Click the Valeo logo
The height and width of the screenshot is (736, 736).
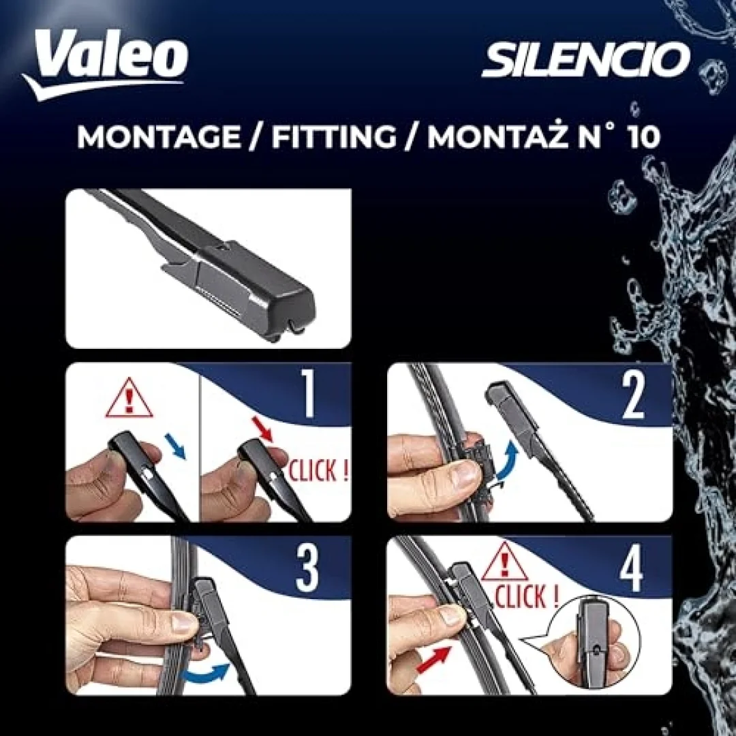coord(105,63)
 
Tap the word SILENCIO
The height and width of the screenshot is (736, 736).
coord(586,59)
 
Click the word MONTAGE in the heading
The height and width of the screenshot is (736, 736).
coord(159,137)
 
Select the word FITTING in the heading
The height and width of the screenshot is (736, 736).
coord(334,137)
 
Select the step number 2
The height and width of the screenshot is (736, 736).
coord(632,396)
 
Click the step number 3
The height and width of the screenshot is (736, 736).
coord(307,569)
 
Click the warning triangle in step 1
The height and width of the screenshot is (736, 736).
coord(129,399)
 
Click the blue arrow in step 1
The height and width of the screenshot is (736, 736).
coord(175,446)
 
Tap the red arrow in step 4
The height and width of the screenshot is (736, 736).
coord(433,660)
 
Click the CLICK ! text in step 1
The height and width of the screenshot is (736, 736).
coord(318,470)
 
